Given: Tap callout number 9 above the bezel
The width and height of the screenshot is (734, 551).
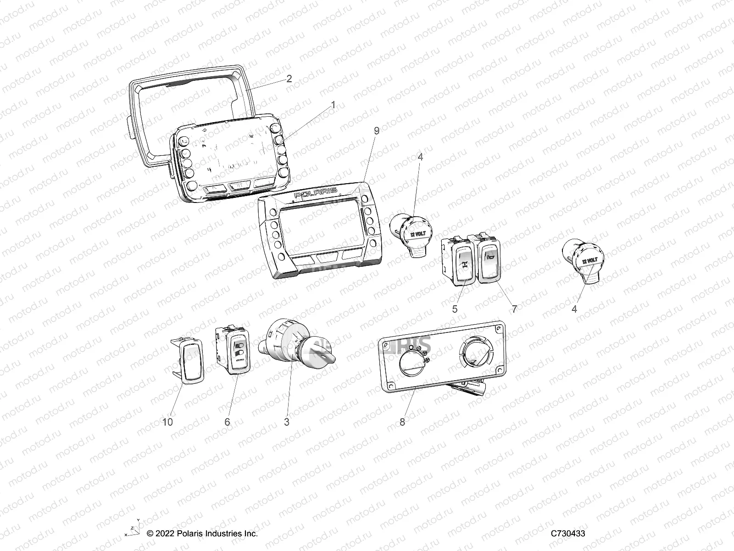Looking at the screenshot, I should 377,131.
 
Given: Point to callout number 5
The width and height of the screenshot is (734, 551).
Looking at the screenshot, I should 455,309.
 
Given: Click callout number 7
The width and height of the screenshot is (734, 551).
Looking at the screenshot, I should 514,309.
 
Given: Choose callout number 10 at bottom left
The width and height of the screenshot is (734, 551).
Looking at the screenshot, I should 168,422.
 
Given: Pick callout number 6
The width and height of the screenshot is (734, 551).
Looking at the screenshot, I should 227,422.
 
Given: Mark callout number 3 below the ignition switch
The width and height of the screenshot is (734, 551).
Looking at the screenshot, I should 287,422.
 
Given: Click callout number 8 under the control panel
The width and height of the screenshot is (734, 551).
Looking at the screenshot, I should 402,422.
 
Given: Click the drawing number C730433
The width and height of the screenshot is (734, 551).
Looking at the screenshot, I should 568,534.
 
